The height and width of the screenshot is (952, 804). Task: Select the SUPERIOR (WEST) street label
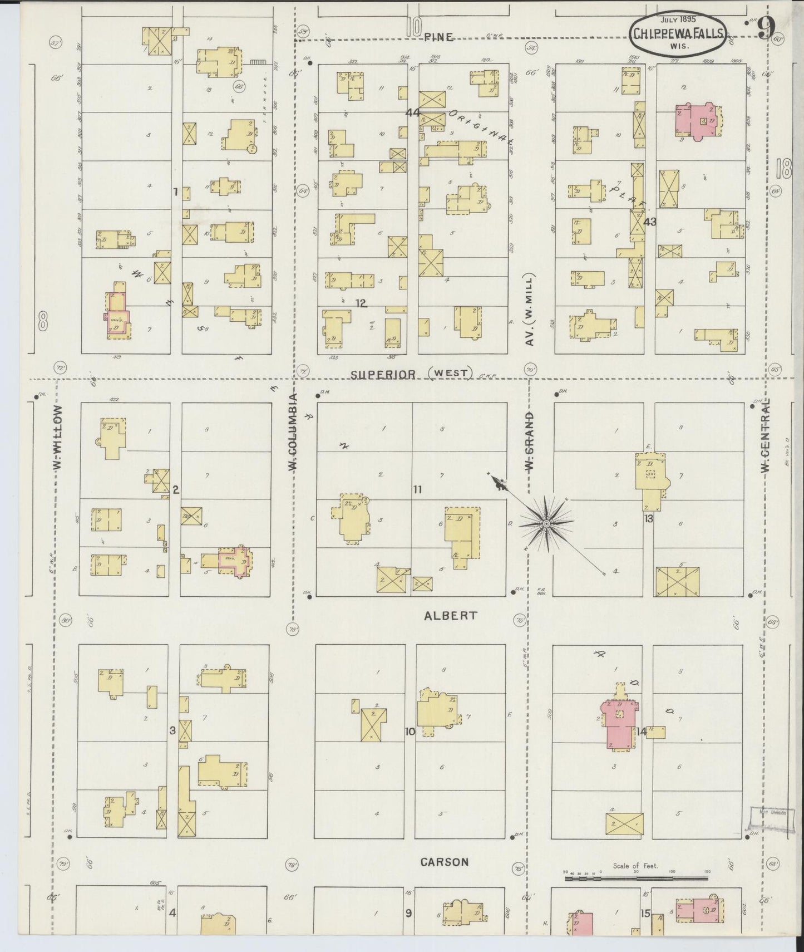coord(411,374)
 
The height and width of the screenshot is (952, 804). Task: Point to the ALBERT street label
coord(443,615)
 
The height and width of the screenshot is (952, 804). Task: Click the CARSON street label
coord(444,862)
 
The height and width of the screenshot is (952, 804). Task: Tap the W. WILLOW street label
coord(58,437)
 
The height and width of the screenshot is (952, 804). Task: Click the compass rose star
coord(546,523)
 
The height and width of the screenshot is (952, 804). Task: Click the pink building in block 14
coord(618,724)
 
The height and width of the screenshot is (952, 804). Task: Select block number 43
coord(649,222)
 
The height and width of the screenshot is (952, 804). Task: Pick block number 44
coord(412,112)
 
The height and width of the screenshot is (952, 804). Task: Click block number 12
coord(362,303)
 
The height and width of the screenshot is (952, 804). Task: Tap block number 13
coord(649,518)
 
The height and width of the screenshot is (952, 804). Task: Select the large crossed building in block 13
coord(677,582)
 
